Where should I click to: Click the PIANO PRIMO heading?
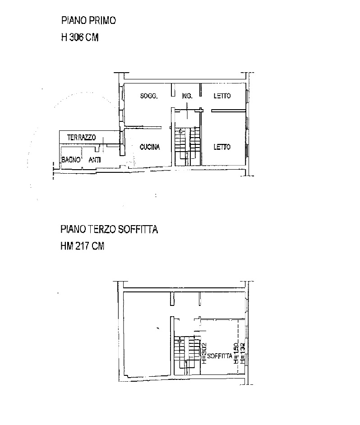coord(88,21)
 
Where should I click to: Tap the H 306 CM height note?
coord(80,37)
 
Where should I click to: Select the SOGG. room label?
coord(149,96)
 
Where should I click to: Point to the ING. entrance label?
coord(187,96)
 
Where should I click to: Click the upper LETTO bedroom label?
coord(222,96)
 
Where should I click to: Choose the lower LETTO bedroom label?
coord(222,147)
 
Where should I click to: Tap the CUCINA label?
coord(150,147)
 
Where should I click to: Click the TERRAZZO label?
coord(81,138)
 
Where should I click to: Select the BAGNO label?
coord(71,160)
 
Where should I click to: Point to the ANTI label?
coord(95,160)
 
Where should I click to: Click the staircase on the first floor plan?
coord(187,146)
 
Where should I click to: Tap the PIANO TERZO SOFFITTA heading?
coord(109,230)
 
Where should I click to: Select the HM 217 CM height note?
coord(82,246)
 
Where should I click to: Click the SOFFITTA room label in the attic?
coord(220,356)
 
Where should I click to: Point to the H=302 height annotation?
coord(204,353)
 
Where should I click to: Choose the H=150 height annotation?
coord(236,353)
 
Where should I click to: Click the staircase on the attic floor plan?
coord(187,356)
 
